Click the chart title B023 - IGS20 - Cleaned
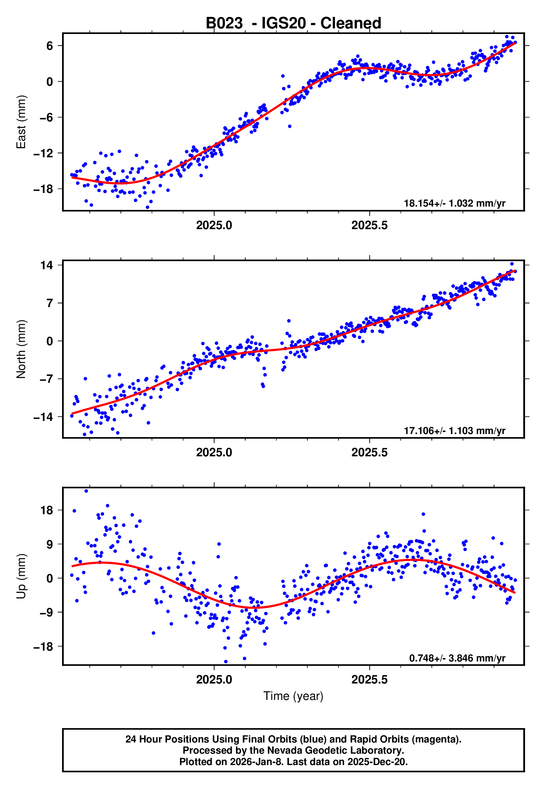293,23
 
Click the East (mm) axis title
21,122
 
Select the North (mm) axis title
21,349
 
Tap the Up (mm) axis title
21,576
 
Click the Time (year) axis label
293,696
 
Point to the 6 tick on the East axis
50,46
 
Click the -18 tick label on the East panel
44,189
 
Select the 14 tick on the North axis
47,265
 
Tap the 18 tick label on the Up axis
47,510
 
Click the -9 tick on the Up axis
47,612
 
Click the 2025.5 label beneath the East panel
370,226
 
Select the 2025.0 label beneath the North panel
214,452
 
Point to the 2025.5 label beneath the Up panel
370,680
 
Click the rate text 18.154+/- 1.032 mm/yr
454,203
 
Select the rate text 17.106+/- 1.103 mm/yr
454,430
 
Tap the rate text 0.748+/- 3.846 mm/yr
457,658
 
